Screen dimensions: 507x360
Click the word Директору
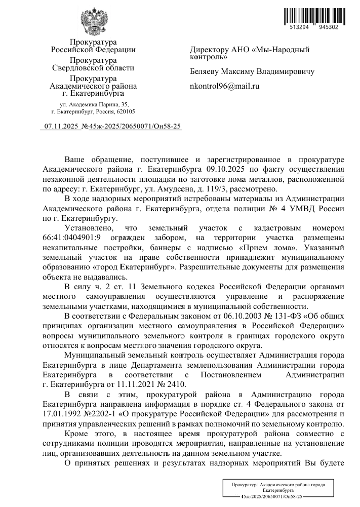click(209, 50)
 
